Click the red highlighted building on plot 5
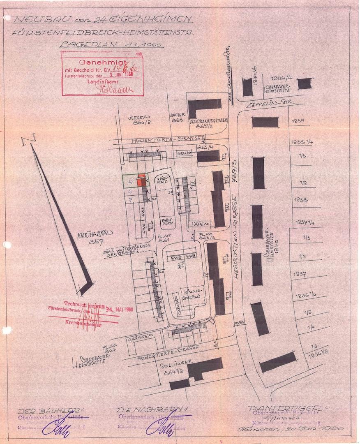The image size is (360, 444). pos(141,181)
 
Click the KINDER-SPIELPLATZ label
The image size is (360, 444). pos(188,292)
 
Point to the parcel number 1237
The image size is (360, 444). pos(299,275)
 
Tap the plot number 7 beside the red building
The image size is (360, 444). pos(130,200)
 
